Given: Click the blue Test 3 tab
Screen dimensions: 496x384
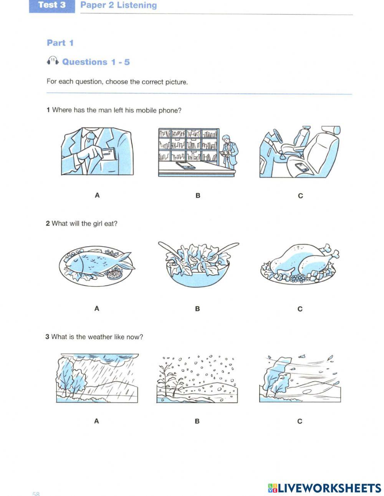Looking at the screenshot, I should [52, 5].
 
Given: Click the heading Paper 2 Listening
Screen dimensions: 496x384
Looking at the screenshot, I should [118, 5].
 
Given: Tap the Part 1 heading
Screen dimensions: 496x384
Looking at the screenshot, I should [60, 43].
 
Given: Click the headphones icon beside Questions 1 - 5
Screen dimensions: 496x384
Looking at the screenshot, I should [52, 61].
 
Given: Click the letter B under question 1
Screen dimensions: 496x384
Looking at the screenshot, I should [198, 196].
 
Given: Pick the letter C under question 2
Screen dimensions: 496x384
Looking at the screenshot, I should [300, 309].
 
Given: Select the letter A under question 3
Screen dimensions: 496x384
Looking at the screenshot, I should [96, 421].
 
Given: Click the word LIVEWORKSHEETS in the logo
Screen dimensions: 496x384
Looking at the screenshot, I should [329, 488].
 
